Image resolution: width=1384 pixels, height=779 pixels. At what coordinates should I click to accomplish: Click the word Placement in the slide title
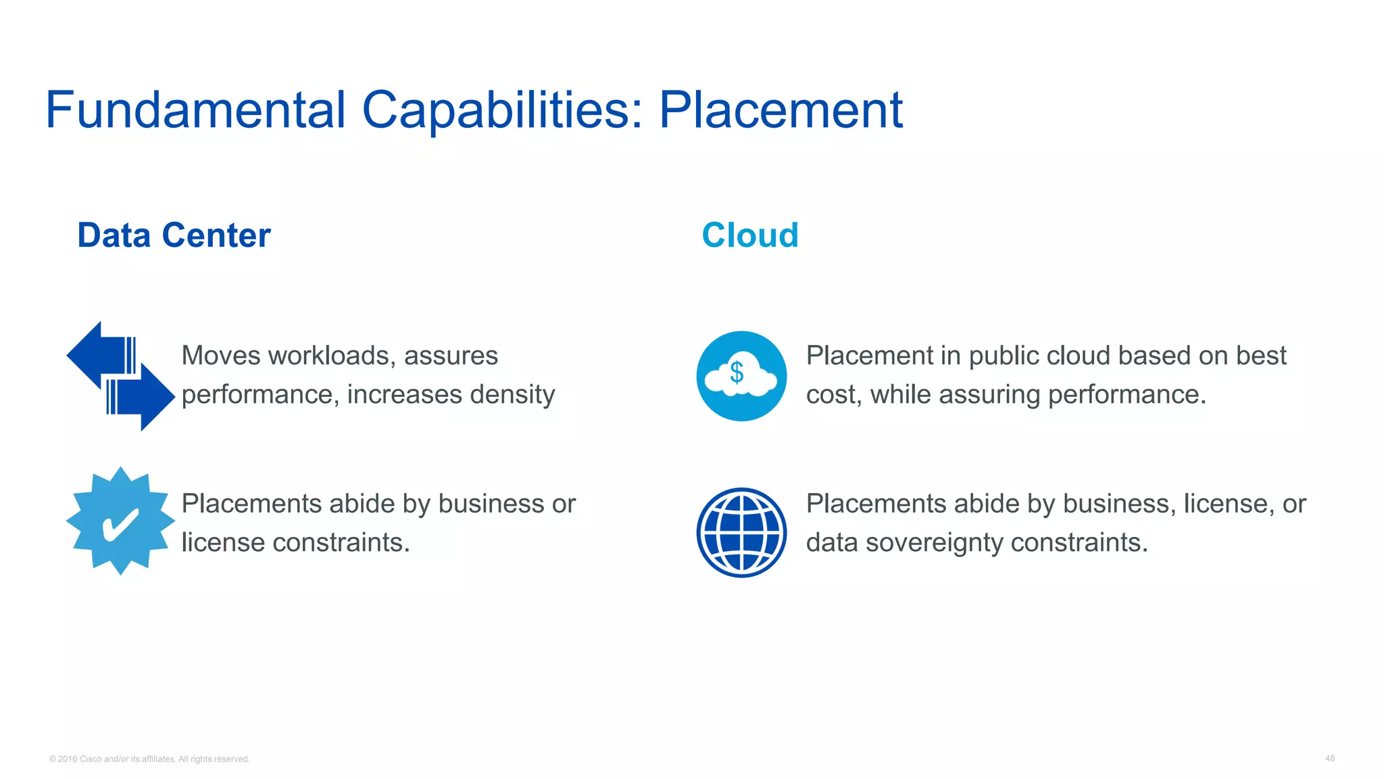point(781,110)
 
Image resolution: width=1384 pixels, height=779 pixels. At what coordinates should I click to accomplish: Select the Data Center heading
point(174,235)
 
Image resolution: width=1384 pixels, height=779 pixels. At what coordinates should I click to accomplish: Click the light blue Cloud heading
point(750,235)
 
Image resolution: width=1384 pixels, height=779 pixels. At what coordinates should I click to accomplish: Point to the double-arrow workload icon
point(120,376)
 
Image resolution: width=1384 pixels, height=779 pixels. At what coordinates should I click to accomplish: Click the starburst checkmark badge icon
point(120,521)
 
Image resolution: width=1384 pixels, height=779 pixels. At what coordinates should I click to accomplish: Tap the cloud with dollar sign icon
point(741,376)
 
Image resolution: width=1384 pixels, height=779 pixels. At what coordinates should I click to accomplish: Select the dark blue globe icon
point(741,532)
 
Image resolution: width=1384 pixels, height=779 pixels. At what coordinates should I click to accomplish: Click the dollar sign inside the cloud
point(737,373)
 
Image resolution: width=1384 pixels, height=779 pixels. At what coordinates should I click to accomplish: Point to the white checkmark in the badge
point(120,525)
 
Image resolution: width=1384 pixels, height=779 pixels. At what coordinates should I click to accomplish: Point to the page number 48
point(1329,759)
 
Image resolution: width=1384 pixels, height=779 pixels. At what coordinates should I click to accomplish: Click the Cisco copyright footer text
point(149,759)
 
